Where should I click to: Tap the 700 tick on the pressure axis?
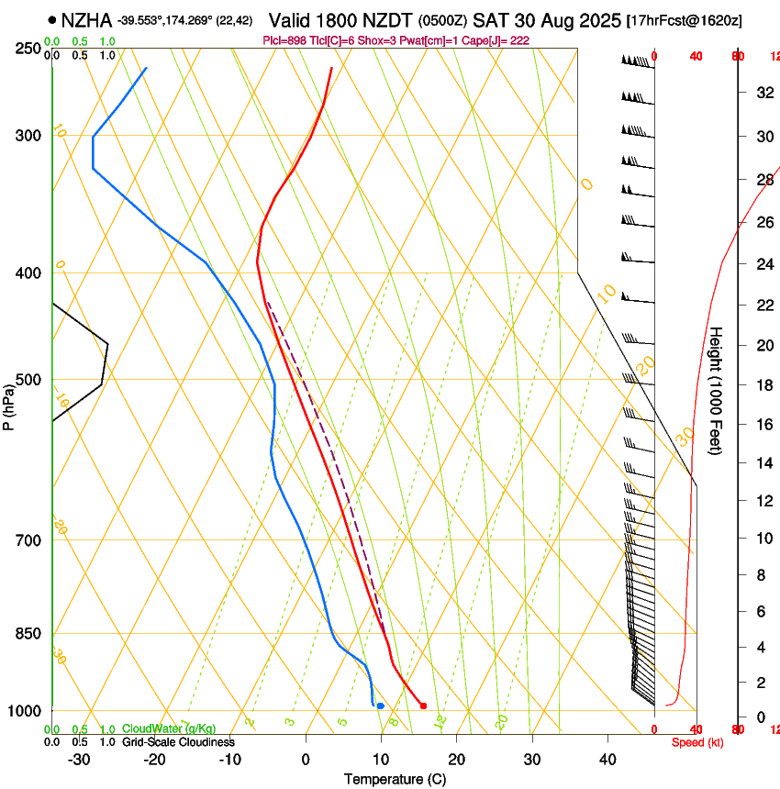[30, 539]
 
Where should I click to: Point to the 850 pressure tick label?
[30, 633]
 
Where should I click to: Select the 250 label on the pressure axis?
[30, 48]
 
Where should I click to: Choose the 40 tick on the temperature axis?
[607, 760]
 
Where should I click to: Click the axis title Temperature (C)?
[395, 779]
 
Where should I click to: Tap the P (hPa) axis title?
[8, 405]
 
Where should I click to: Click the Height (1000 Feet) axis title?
[717, 391]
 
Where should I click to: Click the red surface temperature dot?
[423, 706]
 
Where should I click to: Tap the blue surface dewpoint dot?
[380, 706]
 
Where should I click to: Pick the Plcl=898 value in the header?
[285, 40]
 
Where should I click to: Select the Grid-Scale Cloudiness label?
[178, 741]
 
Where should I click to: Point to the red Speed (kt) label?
[696, 742]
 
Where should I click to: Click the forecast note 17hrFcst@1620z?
[685, 19]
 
